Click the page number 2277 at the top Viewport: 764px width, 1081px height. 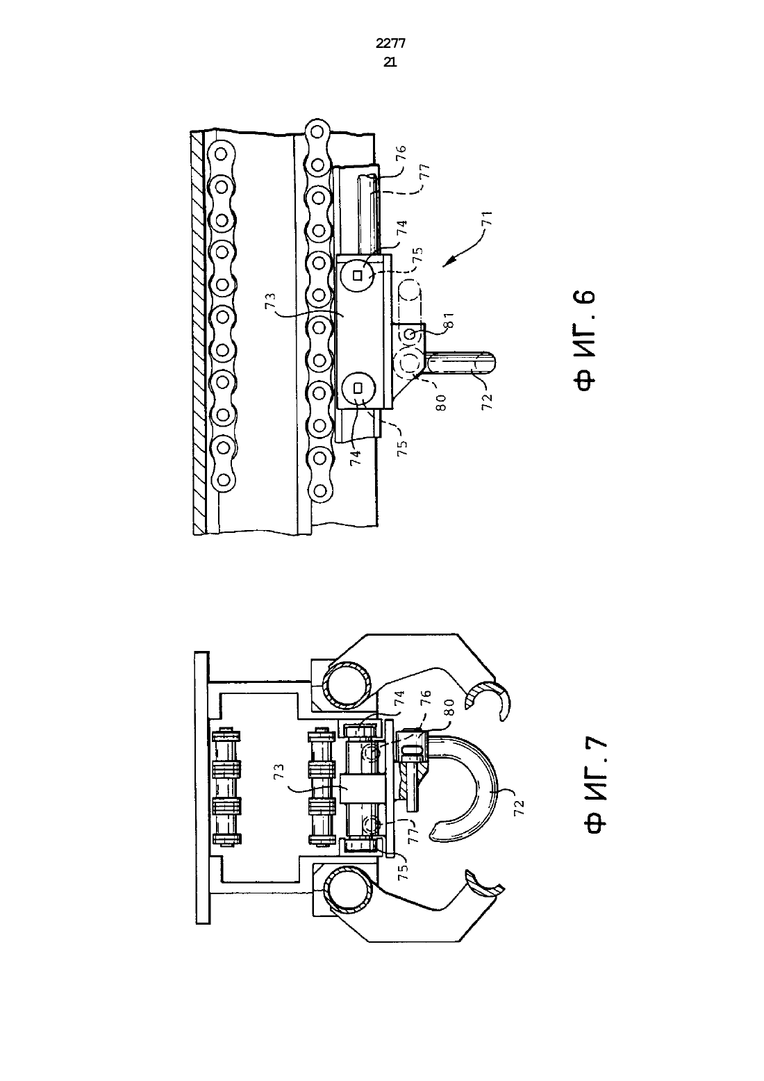click(390, 44)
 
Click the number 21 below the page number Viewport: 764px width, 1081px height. click(390, 62)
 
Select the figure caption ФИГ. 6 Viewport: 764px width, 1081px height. click(584, 340)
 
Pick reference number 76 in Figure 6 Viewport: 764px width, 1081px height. click(401, 153)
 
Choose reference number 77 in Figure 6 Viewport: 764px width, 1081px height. click(424, 172)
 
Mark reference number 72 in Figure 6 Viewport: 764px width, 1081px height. click(487, 402)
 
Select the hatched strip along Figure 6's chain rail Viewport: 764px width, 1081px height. click(198, 333)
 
